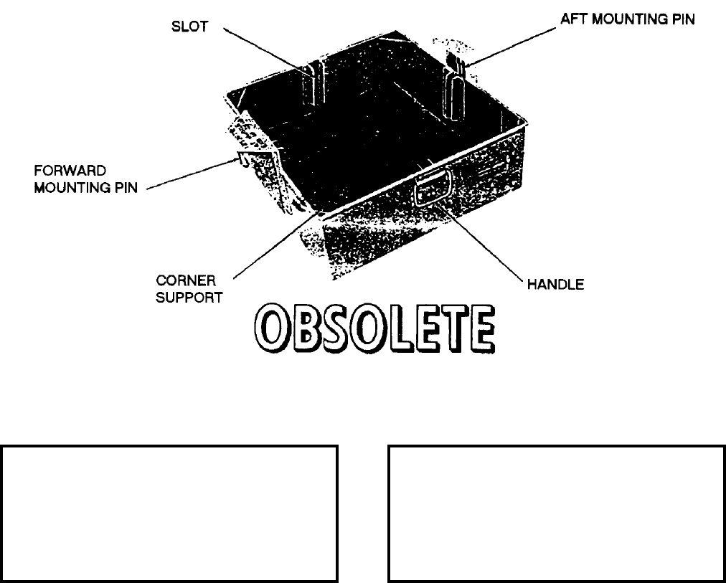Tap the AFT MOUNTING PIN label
[x=628, y=20]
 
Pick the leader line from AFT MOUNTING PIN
[x=513, y=45]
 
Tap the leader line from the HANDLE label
[x=484, y=244]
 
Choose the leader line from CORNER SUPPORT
[x=276, y=244]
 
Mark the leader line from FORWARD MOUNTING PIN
[x=190, y=174]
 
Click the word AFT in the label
[x=572, y=20]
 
